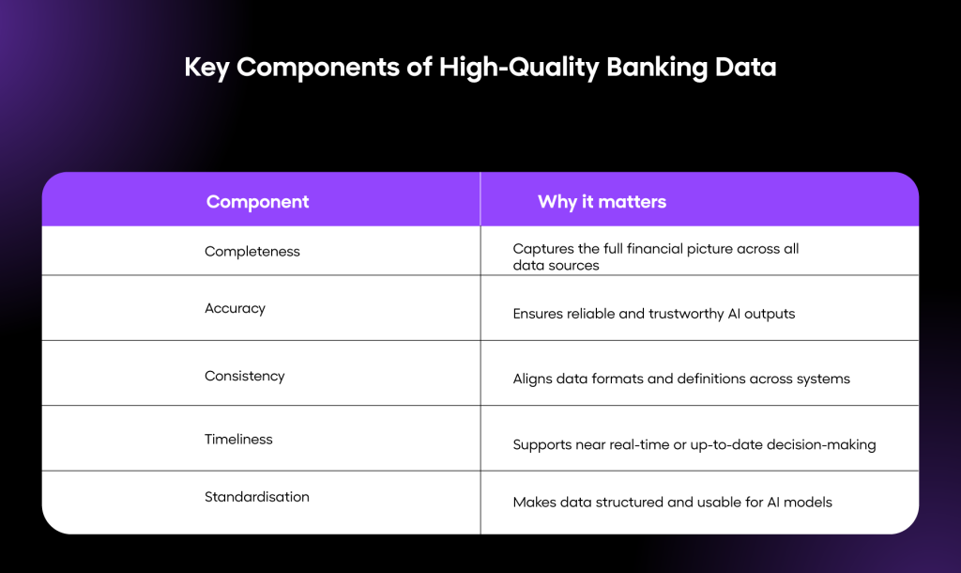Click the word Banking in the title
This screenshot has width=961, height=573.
click(x=656, y=68)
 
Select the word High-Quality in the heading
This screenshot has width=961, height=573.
click(x=518, y=68)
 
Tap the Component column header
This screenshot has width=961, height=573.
click(x=257, y=202)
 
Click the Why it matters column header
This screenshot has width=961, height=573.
click(x=602, y=202)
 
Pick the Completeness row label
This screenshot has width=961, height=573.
click(x=252, y=252)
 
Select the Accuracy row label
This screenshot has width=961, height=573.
click(x=235, y=309)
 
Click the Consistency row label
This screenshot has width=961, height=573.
click(x=245, y=376)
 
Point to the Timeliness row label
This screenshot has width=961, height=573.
click(x=238, y=440)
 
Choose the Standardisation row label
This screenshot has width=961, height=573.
click(x=257, y=497)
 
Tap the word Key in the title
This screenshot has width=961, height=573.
click(x=206, y=68)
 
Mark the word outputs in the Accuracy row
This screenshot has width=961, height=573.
click(x=770, y=314)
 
